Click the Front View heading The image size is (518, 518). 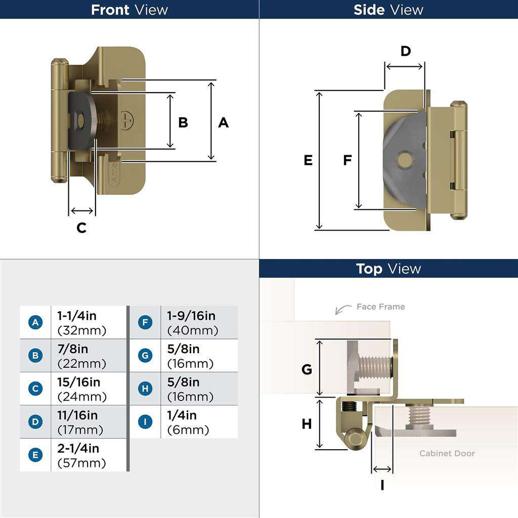129,10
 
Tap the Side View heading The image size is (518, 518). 388,10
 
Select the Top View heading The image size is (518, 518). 388,269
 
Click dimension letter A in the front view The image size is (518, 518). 223,122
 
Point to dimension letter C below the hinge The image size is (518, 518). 81,228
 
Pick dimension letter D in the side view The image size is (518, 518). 406,51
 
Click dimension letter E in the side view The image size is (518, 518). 308,160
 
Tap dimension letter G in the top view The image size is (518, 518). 307,370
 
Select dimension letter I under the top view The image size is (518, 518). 382,485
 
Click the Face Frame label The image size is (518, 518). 380,307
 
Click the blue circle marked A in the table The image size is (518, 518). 35,322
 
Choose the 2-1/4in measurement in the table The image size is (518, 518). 78,449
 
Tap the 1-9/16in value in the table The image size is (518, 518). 191,316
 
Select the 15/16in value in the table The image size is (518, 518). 78,382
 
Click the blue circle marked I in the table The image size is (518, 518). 145,421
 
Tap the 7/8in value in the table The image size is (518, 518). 73,349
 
